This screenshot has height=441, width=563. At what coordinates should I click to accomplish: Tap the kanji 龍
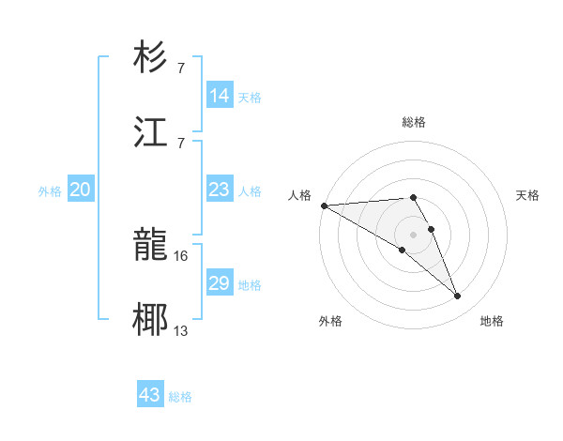pos(151,246)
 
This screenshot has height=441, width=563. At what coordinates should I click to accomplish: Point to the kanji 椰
pos(151,320)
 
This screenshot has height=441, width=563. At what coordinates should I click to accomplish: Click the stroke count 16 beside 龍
pos(181,255)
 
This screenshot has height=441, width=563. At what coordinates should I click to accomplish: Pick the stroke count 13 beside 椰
pos(181,330)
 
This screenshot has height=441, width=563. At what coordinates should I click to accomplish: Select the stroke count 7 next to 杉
pos(181,68)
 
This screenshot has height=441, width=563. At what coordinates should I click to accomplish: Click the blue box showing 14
pos(219,96)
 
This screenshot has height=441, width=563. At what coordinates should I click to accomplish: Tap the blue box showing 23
pos(219,190)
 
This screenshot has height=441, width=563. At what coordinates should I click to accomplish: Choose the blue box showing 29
pos(219,283)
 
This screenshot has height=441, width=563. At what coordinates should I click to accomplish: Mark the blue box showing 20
pos(80,190)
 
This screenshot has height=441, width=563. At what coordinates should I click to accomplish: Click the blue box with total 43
pos(150,395)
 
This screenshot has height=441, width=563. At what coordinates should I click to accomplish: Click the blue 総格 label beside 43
pos(180,397)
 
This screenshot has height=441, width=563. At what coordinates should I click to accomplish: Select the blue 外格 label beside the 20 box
pos(50,191)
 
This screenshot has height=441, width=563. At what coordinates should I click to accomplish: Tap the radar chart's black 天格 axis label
pos(527,195)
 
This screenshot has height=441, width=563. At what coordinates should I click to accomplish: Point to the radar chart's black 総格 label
pos(414,122)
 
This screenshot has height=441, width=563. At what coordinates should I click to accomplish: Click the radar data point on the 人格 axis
pos(324,205)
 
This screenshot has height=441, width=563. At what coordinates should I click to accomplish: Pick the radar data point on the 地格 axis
pos(458,297)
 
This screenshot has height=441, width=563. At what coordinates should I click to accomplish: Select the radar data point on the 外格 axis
pos(403,250)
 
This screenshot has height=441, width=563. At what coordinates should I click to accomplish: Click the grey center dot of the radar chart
pos(414,234)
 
